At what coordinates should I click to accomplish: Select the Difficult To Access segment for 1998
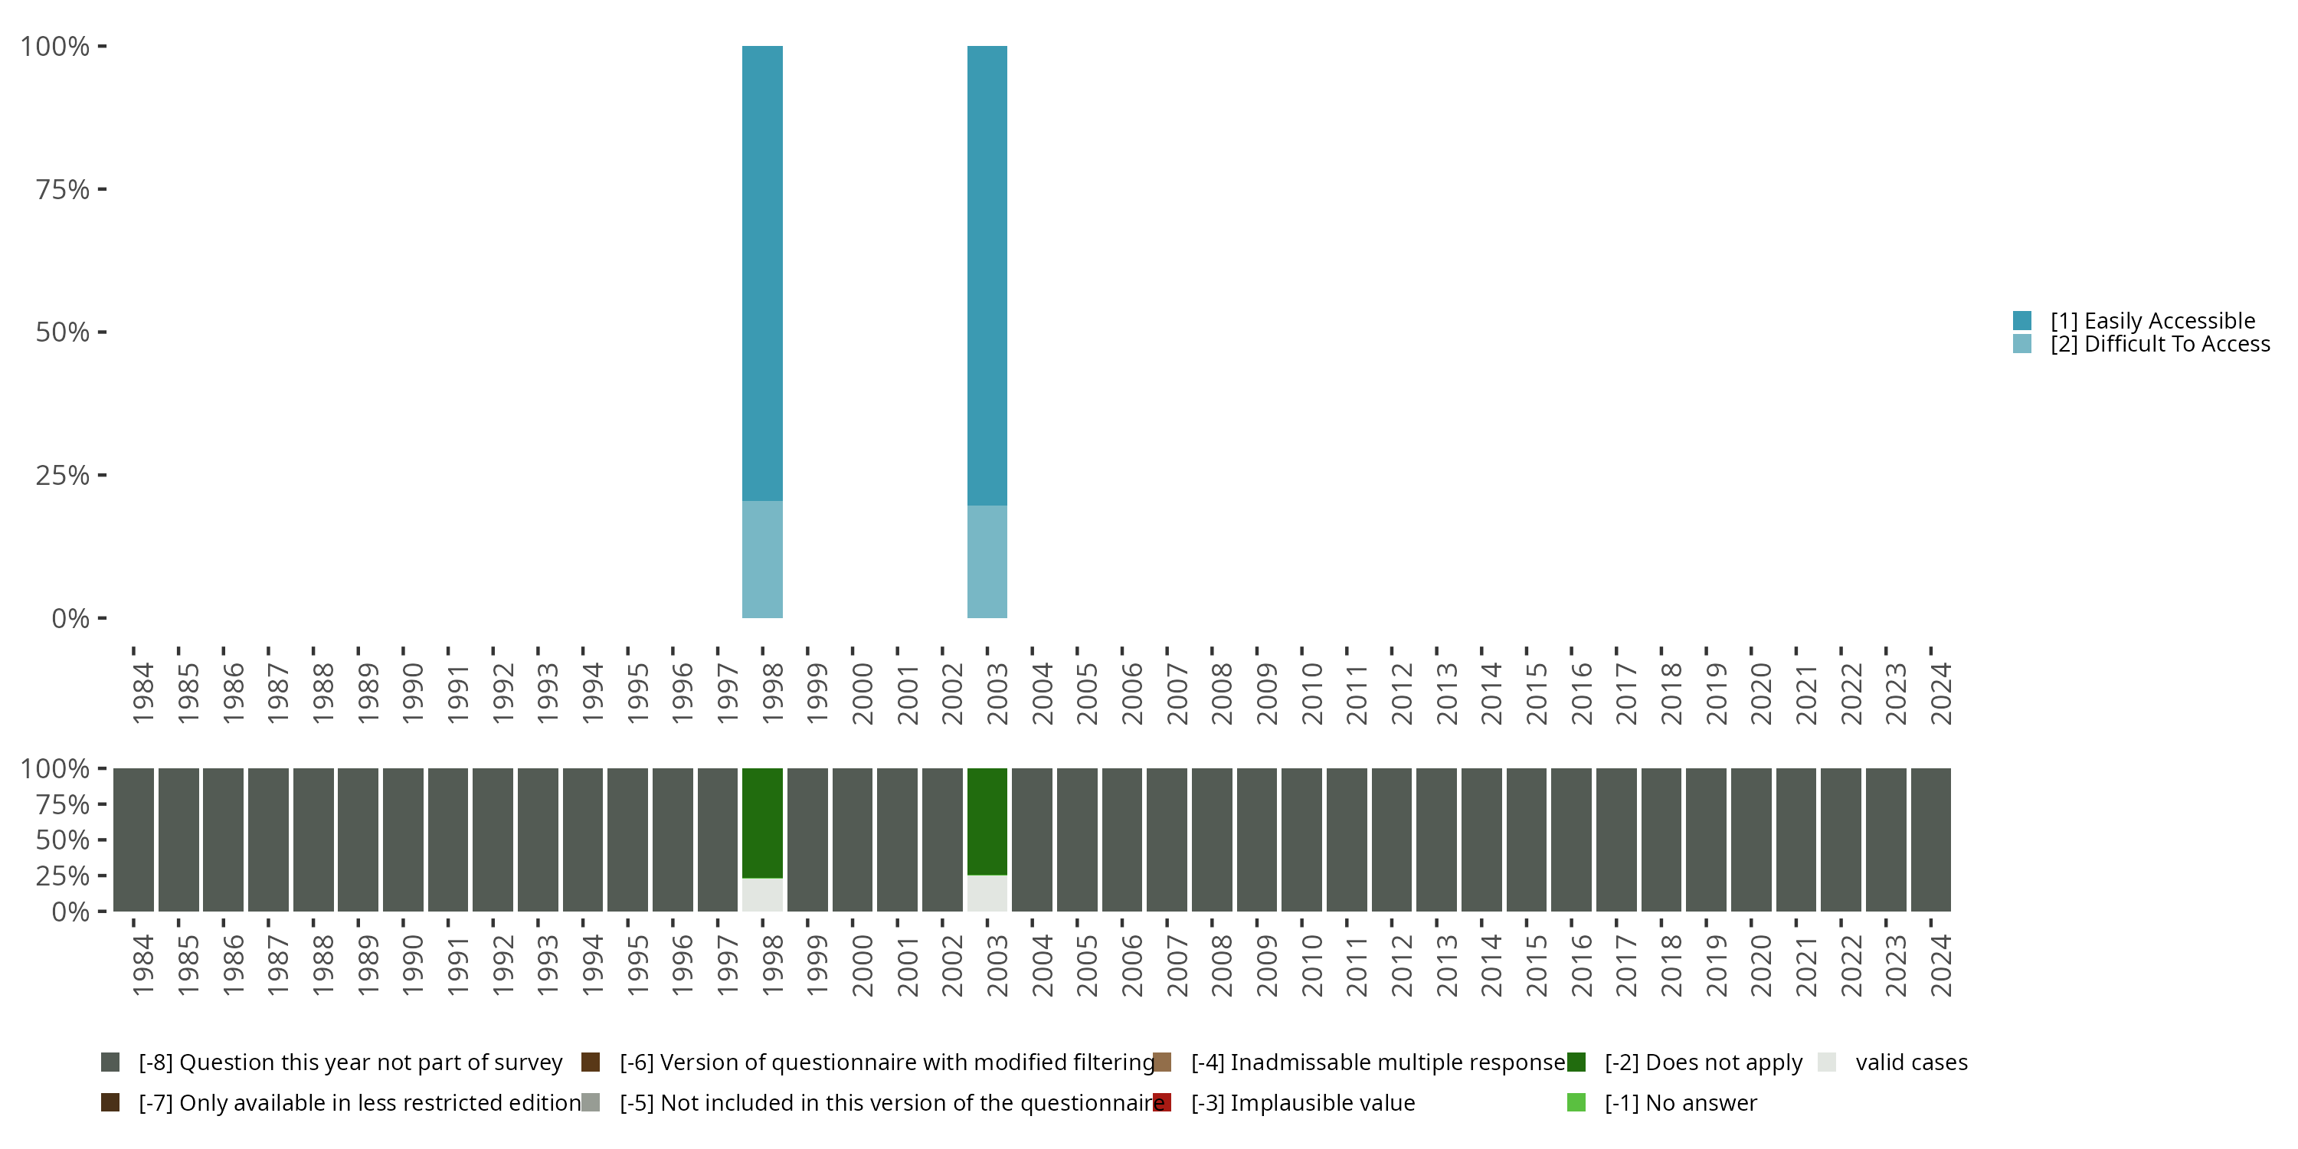point(762,559)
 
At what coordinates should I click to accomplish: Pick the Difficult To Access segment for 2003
point(987,562)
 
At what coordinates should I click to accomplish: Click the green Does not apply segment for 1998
point(762,823)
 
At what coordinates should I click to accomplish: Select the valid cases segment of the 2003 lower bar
point(987,893)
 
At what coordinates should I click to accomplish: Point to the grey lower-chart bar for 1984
point(134,840)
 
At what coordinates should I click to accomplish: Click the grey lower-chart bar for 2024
point(1930,840)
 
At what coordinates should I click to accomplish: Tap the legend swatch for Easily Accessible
point(2022,320)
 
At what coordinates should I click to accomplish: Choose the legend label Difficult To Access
point(2159,345)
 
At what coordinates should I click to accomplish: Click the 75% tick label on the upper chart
point(63,189)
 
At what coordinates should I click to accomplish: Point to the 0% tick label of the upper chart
point(70,618)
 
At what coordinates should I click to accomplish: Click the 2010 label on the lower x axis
point(1311,965)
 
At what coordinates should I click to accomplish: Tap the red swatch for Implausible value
point(1161,1102)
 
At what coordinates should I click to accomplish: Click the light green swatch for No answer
point(1576,1102)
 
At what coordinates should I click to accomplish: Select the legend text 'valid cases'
point(1911,1062)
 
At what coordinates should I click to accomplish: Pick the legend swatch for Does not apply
point(1576,1062)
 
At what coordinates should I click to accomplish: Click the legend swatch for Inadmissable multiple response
point(1161,1062)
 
